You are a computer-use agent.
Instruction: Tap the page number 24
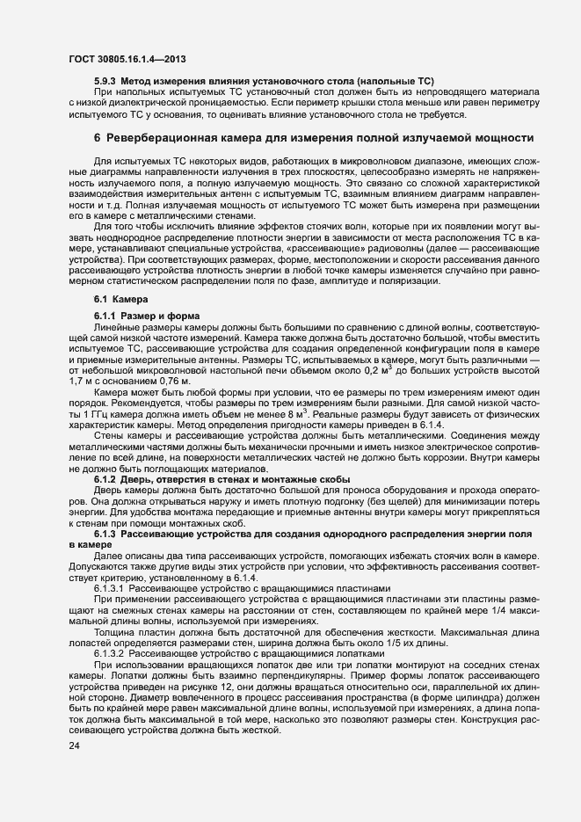coord(74,746)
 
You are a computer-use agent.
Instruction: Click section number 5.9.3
coord(106,82)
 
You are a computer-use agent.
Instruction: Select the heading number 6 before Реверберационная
coord(98,139)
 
